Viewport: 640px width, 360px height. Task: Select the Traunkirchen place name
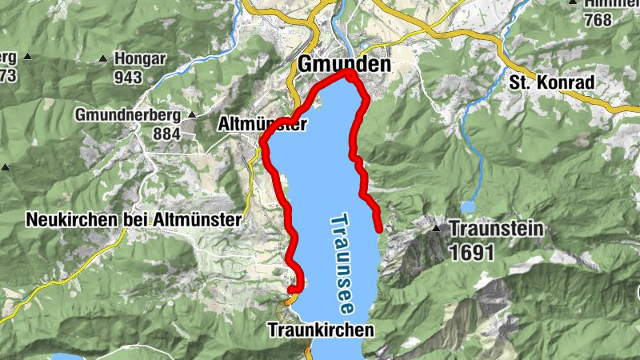(x=321, y=329)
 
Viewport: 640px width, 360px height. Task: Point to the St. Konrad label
(x=551, y=82)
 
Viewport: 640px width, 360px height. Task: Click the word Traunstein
(x=497, y=229)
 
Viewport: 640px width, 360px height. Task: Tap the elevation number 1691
(x=471, y=252)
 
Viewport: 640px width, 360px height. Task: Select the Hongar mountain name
(x=139, y=58)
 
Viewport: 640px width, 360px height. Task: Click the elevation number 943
(x=127, y=77)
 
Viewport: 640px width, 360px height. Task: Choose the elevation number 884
(x=166, y=134)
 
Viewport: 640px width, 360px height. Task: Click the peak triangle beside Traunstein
(x=437, y=229)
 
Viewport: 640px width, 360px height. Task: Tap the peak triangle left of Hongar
(x=102, y=58)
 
